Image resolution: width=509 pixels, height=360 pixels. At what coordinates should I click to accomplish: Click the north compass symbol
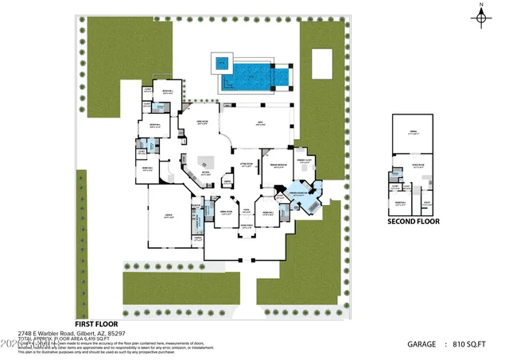click(x=482, y=17)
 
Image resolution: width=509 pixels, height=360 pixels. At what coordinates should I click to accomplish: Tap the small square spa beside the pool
click(x=222, y=62)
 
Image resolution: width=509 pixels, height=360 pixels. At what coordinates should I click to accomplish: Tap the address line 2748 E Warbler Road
click(x=72, y=334)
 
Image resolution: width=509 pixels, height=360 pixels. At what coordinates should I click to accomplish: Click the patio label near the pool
click(x=259, y=124)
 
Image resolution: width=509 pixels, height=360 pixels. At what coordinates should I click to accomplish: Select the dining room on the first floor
click(x=224, y=212)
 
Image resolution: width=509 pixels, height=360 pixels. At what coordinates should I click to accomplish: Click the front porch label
click(x=247, y=226)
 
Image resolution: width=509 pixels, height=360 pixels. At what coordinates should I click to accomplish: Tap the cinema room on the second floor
click(x=414, y=132)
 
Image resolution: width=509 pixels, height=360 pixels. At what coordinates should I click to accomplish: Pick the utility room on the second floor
click(x=427, y=204)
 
